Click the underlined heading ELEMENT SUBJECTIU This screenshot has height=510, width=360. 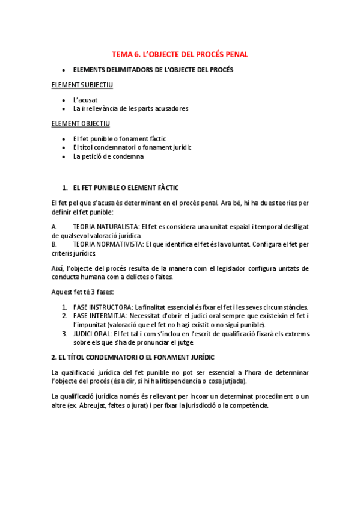[x=82, y=85]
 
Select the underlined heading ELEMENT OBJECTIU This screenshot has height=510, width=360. [x=81, y=123]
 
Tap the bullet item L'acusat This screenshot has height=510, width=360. [x=85, y=99]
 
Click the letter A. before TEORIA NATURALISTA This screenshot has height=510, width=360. [x=55, y=226]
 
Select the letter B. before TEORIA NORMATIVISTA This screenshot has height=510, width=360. [x=55, y=244]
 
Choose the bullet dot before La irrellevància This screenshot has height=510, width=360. [x=64, y=109]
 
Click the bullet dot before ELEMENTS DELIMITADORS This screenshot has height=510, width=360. [x=64, y=70]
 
